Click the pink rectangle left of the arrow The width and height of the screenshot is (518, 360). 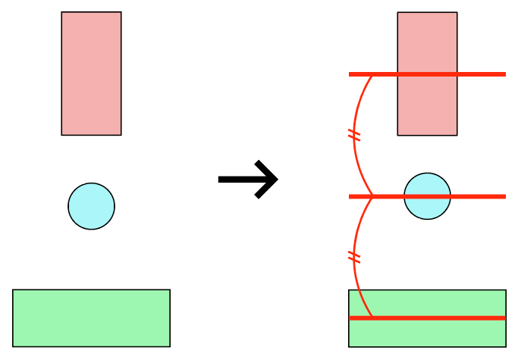pos(91,74)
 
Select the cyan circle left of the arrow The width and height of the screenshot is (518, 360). pos(91,205)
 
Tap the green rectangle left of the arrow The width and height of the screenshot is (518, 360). pos(91,318)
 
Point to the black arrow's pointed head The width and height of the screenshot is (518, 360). pos(276,180)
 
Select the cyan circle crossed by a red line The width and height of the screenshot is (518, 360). pos(427,186)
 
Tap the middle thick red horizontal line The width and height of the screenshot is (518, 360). pos(478,196)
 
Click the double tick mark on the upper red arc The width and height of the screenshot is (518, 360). pos(353,136)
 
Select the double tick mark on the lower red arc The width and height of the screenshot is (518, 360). pos(353,257)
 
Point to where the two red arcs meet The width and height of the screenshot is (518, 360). pos(372,196)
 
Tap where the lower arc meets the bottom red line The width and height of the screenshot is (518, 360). pos(372,317)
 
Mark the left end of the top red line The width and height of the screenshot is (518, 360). pos(350,74)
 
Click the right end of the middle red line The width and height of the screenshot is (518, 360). pos(504,196)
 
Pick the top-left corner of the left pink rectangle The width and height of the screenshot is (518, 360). pos(61,12)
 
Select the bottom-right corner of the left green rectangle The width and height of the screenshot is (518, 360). pos(169,346)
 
